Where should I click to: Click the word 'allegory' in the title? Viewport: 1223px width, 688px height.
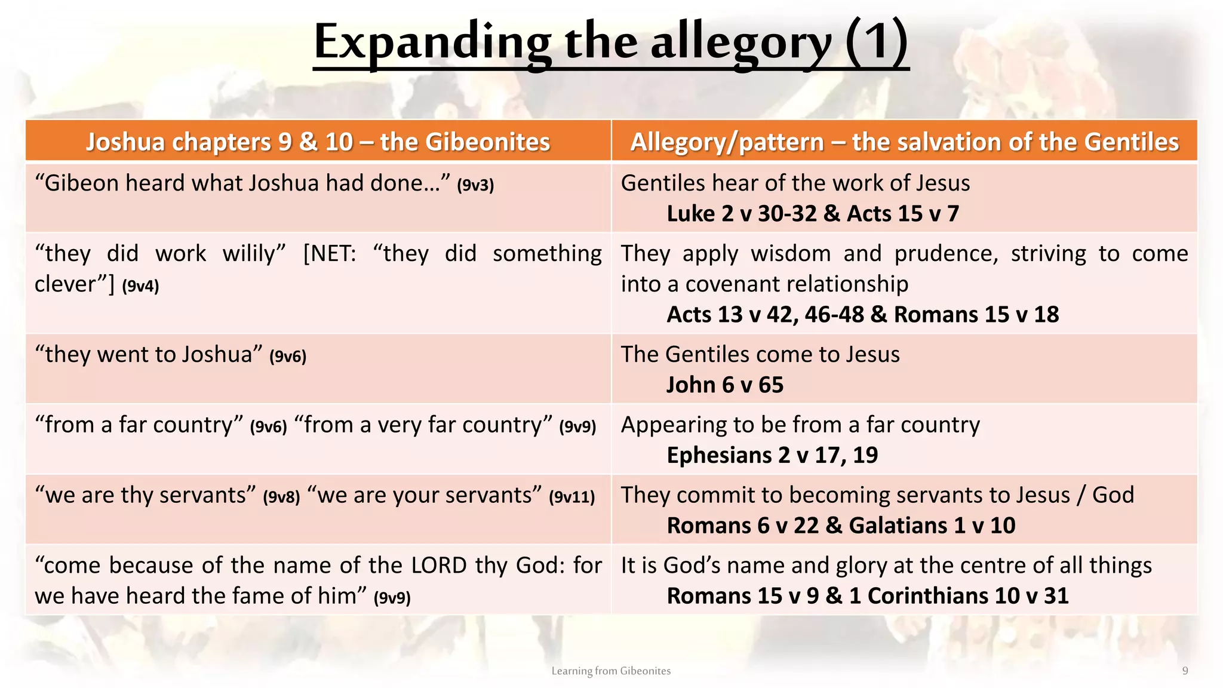(x=740, y=43)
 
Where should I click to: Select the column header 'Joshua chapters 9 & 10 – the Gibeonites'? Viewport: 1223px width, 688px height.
(x=318, y=142)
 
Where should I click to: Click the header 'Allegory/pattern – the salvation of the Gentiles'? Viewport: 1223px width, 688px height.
(x=904, y=142)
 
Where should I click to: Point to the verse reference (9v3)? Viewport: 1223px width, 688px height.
(x=475, y=185)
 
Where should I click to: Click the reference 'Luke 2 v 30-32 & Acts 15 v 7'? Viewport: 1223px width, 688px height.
(x=812, y=214)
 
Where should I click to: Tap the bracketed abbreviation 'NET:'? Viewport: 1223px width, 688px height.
(x=330, y=254)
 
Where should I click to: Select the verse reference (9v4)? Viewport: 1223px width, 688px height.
(x=140, y=286)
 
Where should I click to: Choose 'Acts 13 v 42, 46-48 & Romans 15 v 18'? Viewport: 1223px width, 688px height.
(x=862, y=315)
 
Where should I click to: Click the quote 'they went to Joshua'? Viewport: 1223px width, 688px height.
(x=149, y=355)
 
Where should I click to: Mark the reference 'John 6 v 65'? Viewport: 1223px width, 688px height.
(x=724, y=385)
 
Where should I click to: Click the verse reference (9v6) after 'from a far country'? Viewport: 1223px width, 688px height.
(x=268, y=426)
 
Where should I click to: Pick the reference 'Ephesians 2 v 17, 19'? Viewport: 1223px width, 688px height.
(x=772, y=456)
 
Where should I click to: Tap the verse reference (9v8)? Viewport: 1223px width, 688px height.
(x=281, y=497)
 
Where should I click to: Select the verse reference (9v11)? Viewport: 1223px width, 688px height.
(x=571, y=497)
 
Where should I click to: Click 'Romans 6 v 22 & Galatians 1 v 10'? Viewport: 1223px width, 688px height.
(x=840, y=526)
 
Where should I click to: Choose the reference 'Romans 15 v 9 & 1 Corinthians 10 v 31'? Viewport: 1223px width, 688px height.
(x=867, y=596)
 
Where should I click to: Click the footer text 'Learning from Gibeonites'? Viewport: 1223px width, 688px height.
(x=611, y=671)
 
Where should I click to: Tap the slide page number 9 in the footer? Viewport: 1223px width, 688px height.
(x=1185, y=671)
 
